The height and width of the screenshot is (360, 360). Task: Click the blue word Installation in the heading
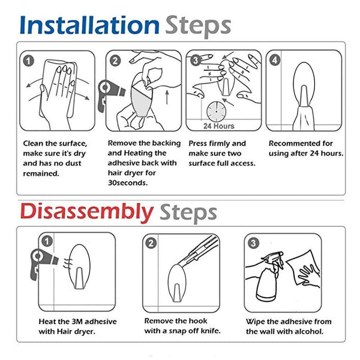(x=89, y=25)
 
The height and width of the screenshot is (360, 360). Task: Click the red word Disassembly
(x=87, y=212)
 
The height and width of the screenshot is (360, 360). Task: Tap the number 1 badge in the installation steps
(x=28, y=61)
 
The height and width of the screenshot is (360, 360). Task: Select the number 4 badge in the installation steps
(x=275, y=61)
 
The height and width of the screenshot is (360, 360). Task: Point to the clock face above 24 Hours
(x=216, y=112)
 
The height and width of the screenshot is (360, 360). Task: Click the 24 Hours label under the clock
(x=219, y=126)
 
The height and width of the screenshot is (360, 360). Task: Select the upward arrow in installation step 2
(x=167, y=97)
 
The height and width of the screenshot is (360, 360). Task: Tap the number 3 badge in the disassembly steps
(x=253, y=243)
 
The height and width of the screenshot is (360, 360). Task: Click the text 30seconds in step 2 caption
(x=128, y=183)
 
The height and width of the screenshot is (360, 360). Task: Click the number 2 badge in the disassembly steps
(x=151, y=243)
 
